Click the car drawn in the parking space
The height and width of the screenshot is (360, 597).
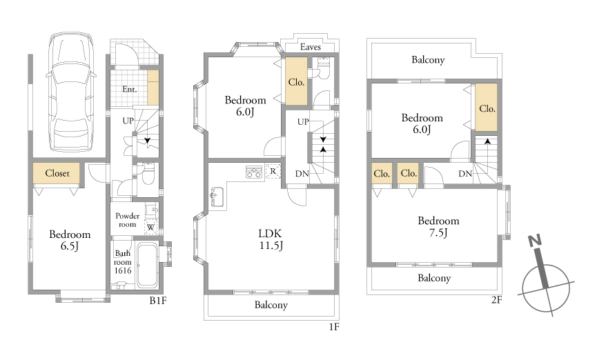(70, 92)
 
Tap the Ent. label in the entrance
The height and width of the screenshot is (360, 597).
(130, 90)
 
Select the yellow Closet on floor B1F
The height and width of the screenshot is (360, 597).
(57, 173)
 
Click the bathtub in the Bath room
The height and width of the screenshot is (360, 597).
(147, 265)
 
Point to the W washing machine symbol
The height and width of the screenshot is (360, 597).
(150, 227)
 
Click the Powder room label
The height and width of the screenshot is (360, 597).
(127, 220)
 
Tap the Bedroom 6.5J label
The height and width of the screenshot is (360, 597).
(70, 240)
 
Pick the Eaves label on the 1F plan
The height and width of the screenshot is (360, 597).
(311, 47)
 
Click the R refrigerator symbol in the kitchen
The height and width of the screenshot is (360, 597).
(273, 171)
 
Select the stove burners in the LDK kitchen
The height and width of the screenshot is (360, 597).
(253, 172)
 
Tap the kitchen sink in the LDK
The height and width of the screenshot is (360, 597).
(216, 197)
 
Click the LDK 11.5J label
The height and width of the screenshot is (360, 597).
(271, 239)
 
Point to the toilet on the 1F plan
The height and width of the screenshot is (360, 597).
(323, 68)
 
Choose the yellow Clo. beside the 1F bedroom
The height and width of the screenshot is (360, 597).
(296, 81)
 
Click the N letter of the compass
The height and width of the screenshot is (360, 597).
(535, 241)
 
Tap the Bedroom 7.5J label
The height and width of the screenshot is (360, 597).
(438, 226)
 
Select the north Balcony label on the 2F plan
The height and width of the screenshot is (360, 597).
(428, 60)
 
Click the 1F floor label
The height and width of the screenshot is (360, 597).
(334, 326)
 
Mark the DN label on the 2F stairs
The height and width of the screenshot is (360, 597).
(465, 174)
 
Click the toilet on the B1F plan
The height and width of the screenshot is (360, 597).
(148, 174)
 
